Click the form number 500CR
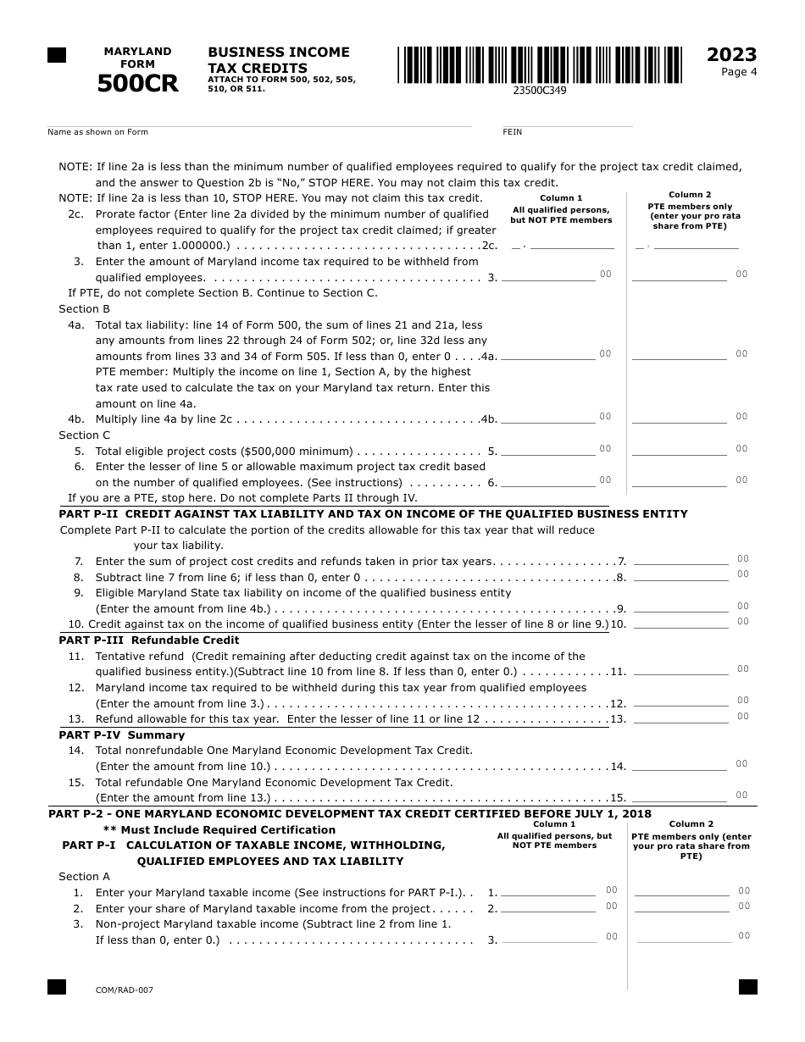tap(137, 84)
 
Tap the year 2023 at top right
tap(731, 55)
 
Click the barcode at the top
tap(539, 64)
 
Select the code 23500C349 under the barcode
tap(540, 90)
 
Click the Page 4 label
tap(739, 72)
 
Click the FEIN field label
tap(513, 132)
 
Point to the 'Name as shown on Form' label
tap(97, 132)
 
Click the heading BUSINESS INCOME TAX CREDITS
tap(279, 60)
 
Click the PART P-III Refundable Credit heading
tap(149, 640)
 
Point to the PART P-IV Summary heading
tap(121, 735)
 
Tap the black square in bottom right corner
tap(747, 987)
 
